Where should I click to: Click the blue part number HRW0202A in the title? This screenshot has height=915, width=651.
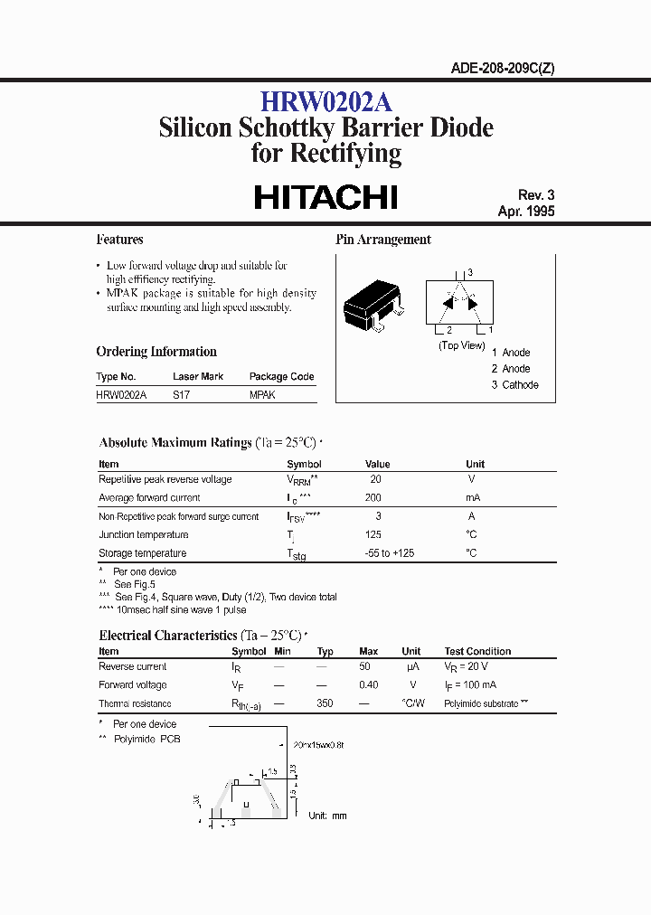coord(325,101)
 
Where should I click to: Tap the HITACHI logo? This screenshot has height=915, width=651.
coord(325,197)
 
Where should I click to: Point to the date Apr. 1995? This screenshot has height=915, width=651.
coord(525,211)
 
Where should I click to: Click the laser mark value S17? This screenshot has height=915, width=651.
coord(182,395)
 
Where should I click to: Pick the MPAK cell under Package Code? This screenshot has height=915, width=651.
coord(262,395)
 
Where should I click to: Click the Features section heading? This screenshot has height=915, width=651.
coord(119,240)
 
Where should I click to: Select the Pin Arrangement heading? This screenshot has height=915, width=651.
coord(383,240)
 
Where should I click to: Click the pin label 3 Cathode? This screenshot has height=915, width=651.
coord(515,384)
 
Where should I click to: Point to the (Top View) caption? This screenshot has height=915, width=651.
coord(461,345)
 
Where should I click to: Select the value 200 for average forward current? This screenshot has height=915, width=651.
coord(373,497)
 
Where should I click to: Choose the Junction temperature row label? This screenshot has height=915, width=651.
coord(143,534)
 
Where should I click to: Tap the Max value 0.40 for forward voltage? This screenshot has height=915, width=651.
coord(369,684)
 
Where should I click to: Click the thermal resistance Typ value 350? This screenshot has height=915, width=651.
coord(325,703)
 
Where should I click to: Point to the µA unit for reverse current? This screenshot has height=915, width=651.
coord(410,666)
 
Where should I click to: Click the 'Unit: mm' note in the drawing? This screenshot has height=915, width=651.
coord(327,816)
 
